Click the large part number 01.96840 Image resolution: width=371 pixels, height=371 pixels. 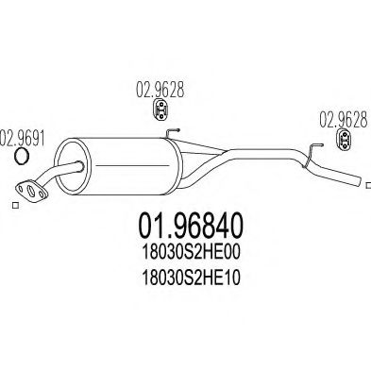point(191,226)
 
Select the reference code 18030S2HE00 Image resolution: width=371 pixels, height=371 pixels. point(192,253)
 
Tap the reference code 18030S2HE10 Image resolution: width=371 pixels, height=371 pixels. point(192,278)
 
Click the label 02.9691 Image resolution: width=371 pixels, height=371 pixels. point(23,138)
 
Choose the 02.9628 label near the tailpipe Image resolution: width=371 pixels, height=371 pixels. point(344,120)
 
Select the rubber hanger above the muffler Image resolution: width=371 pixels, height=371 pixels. point(161,110)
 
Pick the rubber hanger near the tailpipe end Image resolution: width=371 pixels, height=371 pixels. point(345,141)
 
